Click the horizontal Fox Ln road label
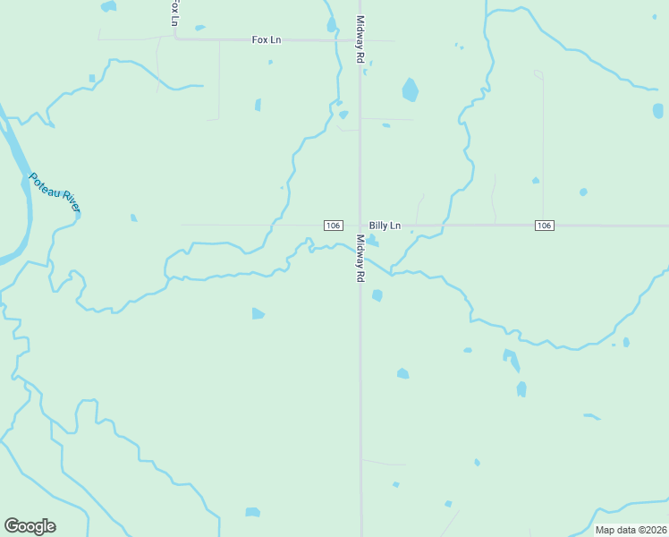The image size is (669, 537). [266, 39]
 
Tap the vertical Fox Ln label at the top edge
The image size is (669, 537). [173, 12]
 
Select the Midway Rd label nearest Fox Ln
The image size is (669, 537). [360, 38]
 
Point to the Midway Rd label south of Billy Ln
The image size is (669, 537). [360, 259]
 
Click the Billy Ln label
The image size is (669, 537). [385, 226]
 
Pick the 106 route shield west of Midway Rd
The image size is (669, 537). [333, 226]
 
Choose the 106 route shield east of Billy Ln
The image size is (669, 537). [544, 225]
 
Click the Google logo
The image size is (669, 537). [30, 526]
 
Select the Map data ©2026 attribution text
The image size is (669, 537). [631, 530]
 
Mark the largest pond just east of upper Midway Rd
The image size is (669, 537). [410, 89]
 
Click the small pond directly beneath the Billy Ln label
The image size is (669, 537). [372, 240]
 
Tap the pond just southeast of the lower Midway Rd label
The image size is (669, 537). [377, 295]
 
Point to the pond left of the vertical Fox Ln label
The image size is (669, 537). [108, 6]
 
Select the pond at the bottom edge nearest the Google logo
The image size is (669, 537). [252, 513]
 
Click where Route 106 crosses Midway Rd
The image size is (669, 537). [360, 226]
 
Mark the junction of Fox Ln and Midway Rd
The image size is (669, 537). [360, 40]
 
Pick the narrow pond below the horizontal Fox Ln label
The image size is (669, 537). [258, 105]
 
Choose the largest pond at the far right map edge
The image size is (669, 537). [658, 111]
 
